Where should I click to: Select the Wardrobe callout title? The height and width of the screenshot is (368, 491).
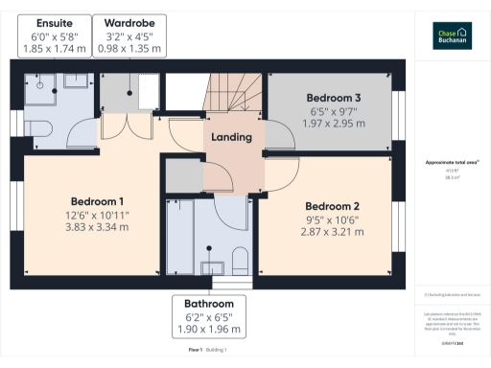click(x=129, y=22)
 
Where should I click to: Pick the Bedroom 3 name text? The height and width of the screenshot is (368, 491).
click(x=334, y=98)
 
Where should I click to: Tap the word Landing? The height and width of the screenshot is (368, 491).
click(x=232, y=137)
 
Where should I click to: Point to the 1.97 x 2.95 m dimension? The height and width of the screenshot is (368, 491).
click(x=334, y=124)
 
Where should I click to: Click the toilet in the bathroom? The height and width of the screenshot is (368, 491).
click(x=241, y=262)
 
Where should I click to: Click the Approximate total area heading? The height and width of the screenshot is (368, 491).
click(x=452, y=162)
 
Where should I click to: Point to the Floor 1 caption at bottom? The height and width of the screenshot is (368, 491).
click(x=195, y=351)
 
